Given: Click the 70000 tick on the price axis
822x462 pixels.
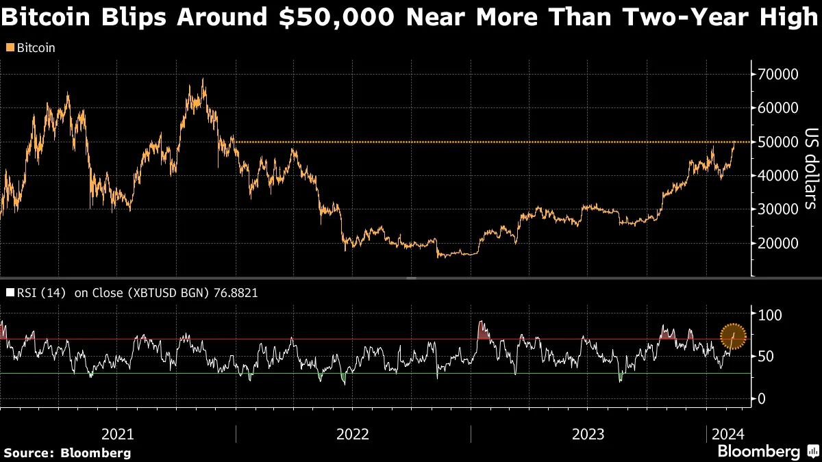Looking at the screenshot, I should point(776,74).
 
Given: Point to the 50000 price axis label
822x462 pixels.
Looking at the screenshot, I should point(776,142).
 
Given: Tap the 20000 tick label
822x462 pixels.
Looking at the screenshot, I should point(776,243).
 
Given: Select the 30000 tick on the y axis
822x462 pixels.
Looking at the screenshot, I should point(776,209).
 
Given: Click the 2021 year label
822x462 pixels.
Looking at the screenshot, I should point(117,434).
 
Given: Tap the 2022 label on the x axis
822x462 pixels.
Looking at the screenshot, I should point(353,434).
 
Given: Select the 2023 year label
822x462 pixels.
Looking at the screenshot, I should point(588,434).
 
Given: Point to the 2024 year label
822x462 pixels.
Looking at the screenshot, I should point(725,434).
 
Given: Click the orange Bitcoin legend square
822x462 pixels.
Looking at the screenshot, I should point(8,48).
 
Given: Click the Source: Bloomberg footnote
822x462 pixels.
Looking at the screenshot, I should point(67,452).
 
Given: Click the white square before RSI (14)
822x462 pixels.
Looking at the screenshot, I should point(8,292).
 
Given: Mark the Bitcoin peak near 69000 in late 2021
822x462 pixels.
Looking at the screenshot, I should point(203,79).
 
